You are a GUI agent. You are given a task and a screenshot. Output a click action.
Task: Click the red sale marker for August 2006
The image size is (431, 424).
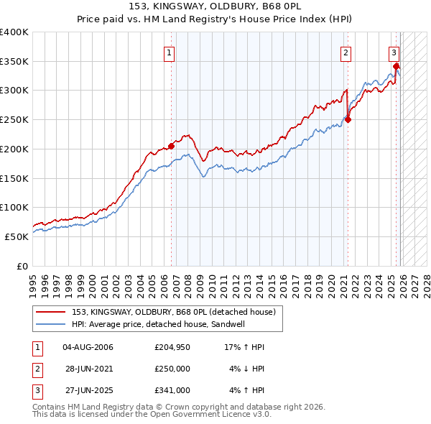click(x=172, y=146)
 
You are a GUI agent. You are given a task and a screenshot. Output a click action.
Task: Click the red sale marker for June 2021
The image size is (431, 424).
click(x=348, y=120)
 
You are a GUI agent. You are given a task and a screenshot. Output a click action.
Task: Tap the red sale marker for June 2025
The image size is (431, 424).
click(x=396, y=66)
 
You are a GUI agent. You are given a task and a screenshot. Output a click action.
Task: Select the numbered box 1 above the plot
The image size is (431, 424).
click(x=169, y=52)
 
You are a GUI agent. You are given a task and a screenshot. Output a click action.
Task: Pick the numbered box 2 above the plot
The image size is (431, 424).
click(x=346, y=52)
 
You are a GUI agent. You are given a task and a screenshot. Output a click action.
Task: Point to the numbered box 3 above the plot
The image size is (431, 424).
click(x=394, y=52)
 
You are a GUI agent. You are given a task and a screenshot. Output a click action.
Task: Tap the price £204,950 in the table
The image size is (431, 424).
click(x=171, y=347)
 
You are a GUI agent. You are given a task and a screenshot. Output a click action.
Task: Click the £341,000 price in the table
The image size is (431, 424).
click(x=172, y=390)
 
